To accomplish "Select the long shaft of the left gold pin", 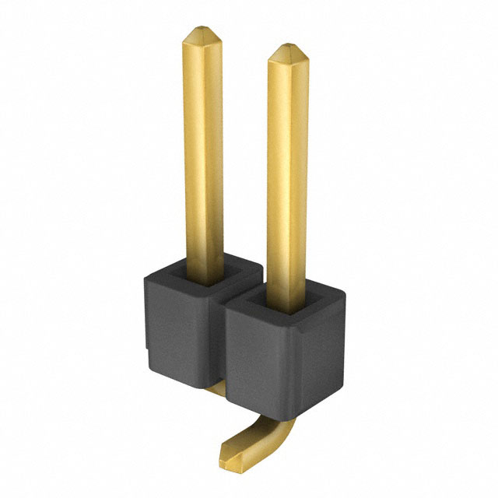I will tap(203, 156).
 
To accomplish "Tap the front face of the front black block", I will tap(257, 358).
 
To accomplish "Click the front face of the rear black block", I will tap(175, 327).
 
